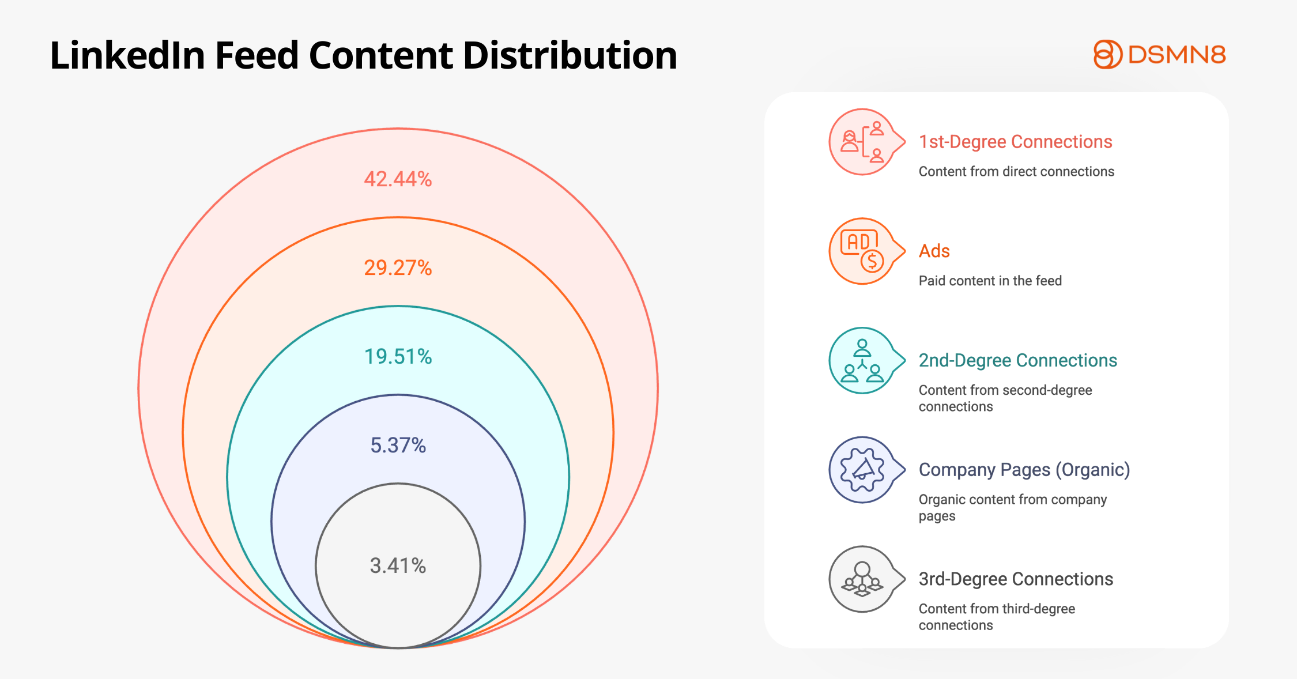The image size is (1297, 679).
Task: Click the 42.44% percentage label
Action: pyautogui.click(x=398, y=179)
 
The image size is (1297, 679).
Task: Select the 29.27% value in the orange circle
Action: pyautogui.click(x=398, y=268)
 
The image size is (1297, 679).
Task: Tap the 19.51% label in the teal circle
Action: pyautogui.click(x=398, y=357)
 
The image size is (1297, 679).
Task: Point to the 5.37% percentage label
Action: pyautogui.click(x=398, y=446)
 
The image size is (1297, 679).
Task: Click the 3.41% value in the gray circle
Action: pyautogui.click(x=398, y=565)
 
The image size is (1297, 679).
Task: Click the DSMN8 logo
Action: pyautogui.click(x=1159, y=55)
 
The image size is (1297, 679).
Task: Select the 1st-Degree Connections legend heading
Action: pyautogui.click(x=1015, y=142)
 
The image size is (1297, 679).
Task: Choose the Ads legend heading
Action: pyautogui.click(x=934, y=251)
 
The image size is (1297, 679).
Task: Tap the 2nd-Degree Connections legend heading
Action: pyautogui.click(x=1017, y=360)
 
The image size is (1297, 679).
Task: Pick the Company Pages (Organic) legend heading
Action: pyautogui.click(x=1024, y=470)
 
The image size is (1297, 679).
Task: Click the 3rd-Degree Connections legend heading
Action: pyautogui.click(x=1016, y=579)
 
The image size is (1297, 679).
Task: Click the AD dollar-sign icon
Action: pyautogui.click(x=862, y=251)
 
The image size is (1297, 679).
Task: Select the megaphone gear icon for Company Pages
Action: pyautogui.click(x=862, y=470)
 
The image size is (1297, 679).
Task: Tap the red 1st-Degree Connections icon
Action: pyautogui.click(x=862, y=142)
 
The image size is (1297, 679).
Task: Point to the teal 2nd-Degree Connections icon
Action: pyautogui.click(x=862, y=361)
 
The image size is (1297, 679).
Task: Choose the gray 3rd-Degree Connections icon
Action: pyautogui.click(x=862, y=579)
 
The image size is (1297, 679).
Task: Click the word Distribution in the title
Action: pyautogui.click(x=570, y=56)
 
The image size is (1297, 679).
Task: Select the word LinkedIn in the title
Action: pyautogui.click(x=127, y=56)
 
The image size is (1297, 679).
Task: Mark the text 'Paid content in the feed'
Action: pyautogui.click(x=990, y=281)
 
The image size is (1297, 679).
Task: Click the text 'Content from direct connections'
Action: pyautogui.click(x=1016, y=171)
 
